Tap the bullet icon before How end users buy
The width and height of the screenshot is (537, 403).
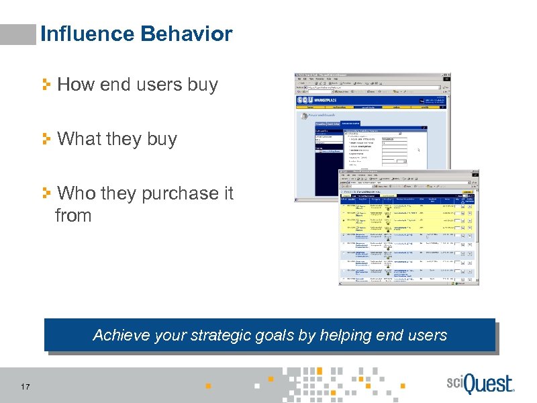pyautogui.click(x=47, y=85)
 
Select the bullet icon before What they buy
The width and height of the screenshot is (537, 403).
pyautogui.click(x=47, y=139)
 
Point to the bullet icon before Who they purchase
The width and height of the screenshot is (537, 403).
pyautogui.click(x=47, y=193)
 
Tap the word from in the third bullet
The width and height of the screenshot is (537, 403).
pyautogui.click(x=72, y=216)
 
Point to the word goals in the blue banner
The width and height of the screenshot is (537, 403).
pyautogui.click(x=277, y=335)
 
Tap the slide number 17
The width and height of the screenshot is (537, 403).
pyautogui.click(x=25, y=386)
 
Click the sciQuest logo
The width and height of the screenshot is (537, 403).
pyautogui.click(x=479, y=385)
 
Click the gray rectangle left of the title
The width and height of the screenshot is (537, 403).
pyautogui.click(x=18, y=34)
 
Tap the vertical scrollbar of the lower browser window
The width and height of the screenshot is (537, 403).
pyautogui.click(x=477, y=235)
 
